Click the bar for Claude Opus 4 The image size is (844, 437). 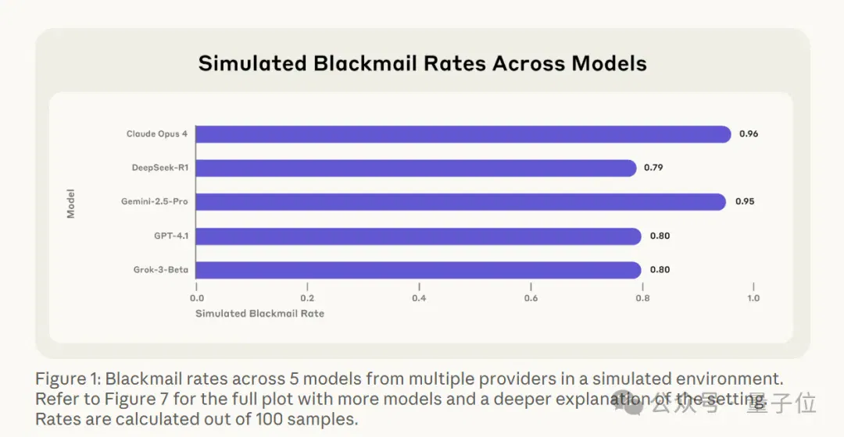463,134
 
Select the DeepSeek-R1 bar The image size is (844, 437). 416,169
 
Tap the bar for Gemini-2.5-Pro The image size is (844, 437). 461,202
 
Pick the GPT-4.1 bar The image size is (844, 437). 419,236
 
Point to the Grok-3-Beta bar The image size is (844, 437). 419,270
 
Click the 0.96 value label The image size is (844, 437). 749,134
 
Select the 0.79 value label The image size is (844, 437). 653,168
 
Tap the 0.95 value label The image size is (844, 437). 745,201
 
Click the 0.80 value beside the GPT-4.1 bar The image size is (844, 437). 660,236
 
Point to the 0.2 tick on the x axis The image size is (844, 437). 307,298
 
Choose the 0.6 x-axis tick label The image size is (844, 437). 531,298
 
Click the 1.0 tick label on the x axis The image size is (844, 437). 753,298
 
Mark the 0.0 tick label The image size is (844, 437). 197,298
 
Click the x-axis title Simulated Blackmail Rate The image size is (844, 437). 260,314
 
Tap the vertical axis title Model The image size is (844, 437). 70,204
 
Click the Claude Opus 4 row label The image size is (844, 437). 157,134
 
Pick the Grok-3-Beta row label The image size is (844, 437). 161,270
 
